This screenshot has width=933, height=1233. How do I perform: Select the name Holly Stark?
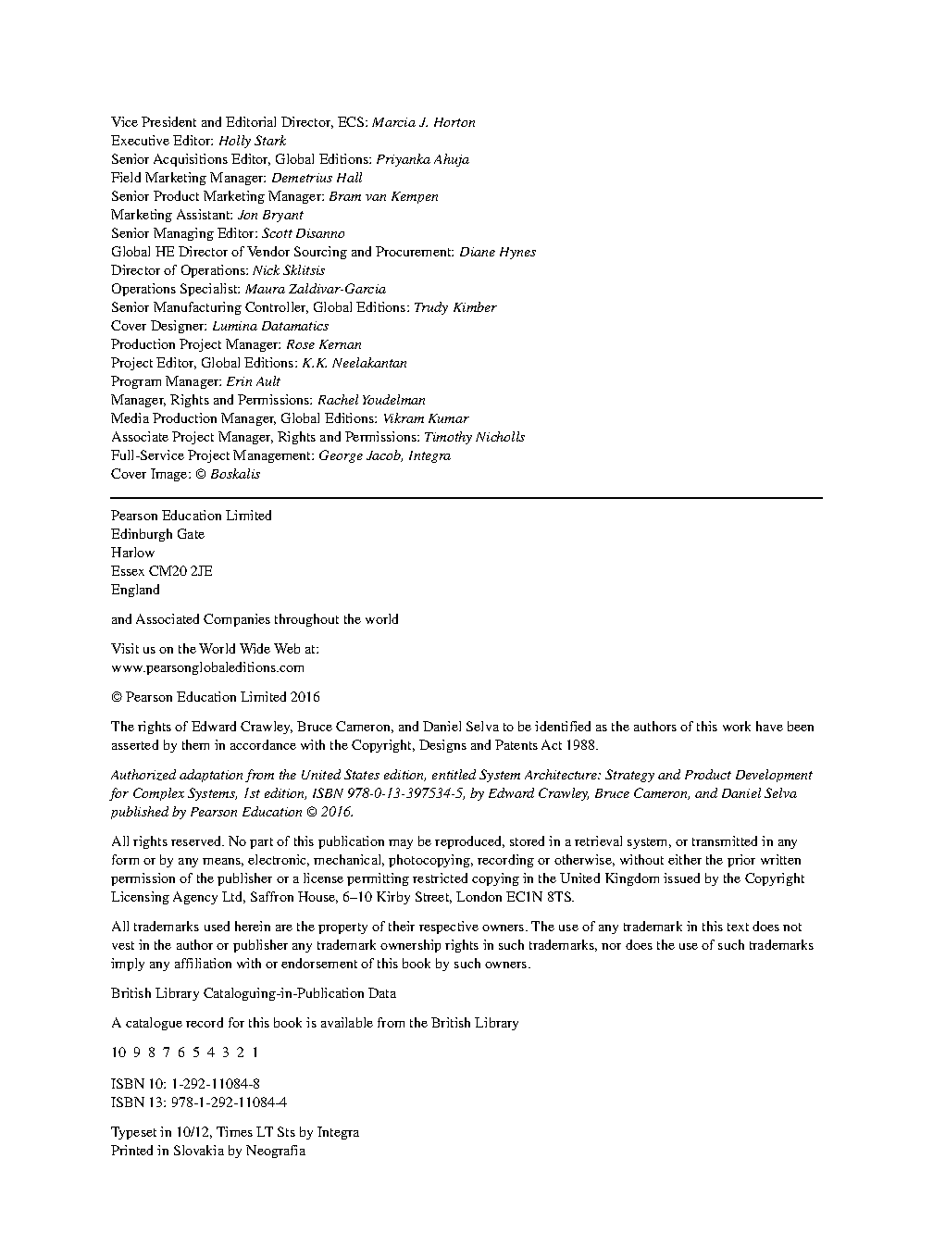click(x=252, y=141)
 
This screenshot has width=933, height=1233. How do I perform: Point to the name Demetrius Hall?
click(x=317, y=178)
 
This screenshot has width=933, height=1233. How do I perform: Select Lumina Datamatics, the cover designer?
click(x=270, y=326)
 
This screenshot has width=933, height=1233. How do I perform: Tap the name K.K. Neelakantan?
click(x=355, y=363)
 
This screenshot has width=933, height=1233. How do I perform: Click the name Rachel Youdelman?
click(x=371, y=400)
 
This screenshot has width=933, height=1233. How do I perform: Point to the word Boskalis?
click(x=235, y=474)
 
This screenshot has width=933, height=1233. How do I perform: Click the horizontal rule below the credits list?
click(x=466, y=498)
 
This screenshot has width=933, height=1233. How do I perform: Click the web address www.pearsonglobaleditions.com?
click(x=207, y=667)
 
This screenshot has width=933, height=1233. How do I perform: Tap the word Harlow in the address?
click(x=132, y=553)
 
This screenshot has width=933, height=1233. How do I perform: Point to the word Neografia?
click(x=275, y=1151)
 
